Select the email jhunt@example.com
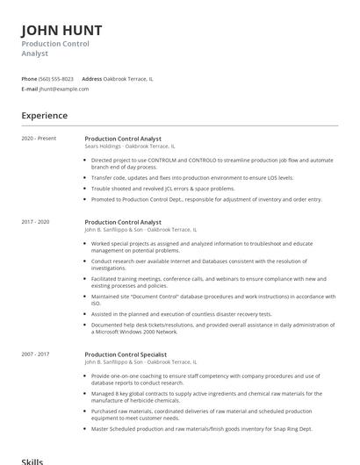[59, 89]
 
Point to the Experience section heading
[45, 116]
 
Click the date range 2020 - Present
[39, 139]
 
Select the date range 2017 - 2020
[36, 223]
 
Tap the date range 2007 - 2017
[36, 354]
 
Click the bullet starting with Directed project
[212, 163]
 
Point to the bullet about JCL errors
[162, 188]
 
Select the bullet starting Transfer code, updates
[192, 177]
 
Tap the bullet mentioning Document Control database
[212, 299]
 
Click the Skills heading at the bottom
[32, 460]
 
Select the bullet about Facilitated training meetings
[212, 282]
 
